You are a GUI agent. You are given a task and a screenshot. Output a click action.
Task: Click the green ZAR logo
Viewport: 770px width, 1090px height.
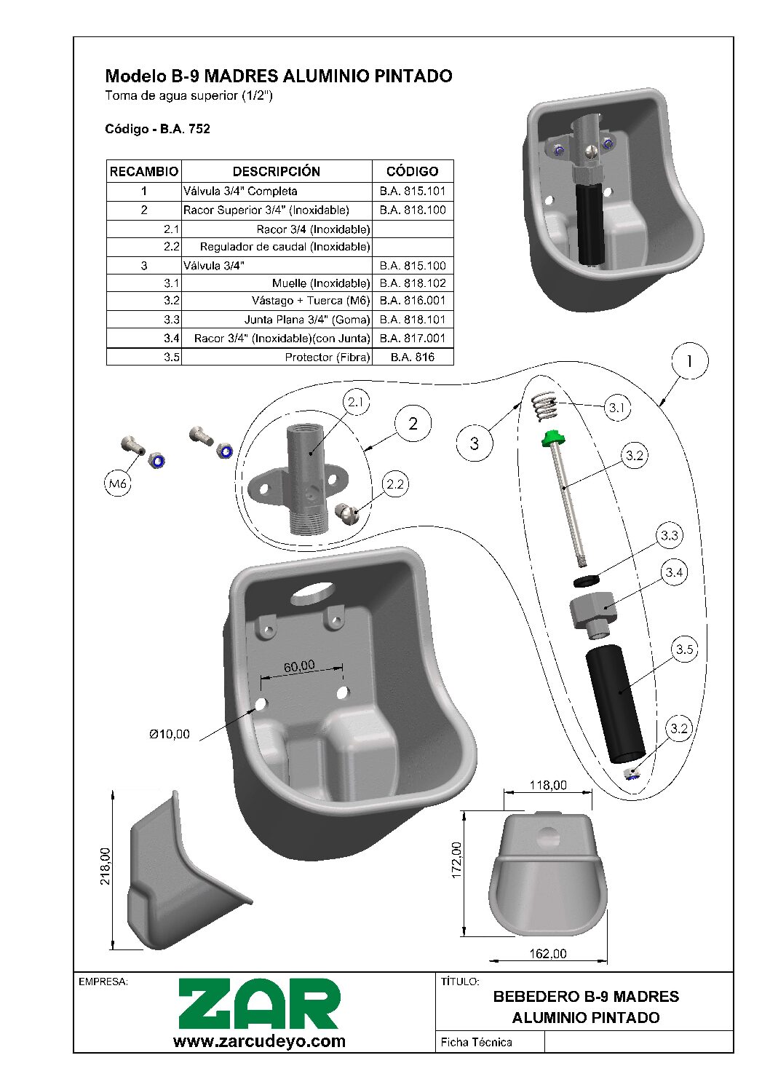tap(259, 1004)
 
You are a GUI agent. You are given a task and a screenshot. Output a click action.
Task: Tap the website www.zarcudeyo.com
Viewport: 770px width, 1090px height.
tap(259, 1041)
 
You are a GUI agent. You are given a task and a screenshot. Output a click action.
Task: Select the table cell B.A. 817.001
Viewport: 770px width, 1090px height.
tap(412, 338)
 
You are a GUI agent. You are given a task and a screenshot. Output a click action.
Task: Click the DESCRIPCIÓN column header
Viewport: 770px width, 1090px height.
tap(276, 171)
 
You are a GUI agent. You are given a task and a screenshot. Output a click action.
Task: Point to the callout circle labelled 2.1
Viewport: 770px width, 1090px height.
tap(356, 402)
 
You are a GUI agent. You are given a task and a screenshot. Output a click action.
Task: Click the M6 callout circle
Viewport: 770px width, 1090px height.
tap(118, 483)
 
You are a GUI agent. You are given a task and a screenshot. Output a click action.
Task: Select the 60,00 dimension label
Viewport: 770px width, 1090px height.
tap(299, 666)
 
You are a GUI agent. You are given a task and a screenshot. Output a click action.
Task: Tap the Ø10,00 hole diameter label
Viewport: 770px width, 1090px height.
tap(170, 734)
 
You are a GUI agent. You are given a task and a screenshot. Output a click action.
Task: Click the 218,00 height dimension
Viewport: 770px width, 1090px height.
tap(106, 866)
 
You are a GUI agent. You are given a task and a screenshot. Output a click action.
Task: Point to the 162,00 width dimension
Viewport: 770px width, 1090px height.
tap(547, 954)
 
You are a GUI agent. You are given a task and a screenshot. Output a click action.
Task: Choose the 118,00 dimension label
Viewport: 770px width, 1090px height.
tap(547, 785)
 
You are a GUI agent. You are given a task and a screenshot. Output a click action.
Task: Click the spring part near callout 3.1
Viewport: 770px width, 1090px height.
tap(544, 406)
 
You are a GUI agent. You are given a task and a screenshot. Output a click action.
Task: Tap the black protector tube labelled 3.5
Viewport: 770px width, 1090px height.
tap(615, 702)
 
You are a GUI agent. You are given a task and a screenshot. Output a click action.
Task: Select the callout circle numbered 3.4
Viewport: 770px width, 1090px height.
tap(674, 572)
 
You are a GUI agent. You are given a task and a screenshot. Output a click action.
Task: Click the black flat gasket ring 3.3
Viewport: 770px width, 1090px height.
tap(585, 580)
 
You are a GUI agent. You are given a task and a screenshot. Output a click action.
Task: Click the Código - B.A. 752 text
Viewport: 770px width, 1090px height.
tap(157, 129)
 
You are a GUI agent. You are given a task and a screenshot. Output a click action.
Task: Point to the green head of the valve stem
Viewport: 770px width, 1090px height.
tap(553, 438)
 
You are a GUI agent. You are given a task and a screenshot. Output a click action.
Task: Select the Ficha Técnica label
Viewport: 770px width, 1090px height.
tap(476, 1042)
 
